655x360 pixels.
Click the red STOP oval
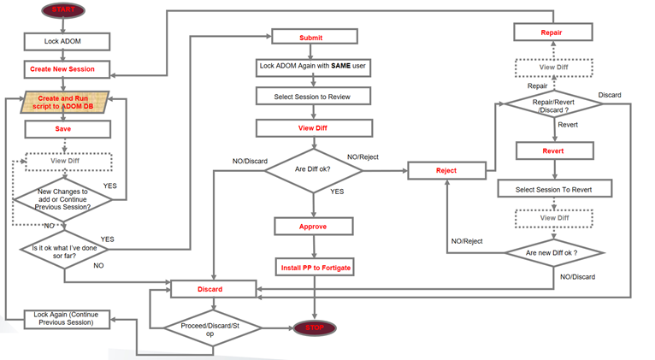click(x=314, y=328)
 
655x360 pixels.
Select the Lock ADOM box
click(x=63, y=40)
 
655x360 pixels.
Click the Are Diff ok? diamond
click(x=313, y=169)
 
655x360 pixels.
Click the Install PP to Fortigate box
click(x=314, y=268)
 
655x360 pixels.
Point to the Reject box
click(x=446, y=170)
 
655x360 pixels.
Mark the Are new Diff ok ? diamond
click(x=552, y=253)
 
